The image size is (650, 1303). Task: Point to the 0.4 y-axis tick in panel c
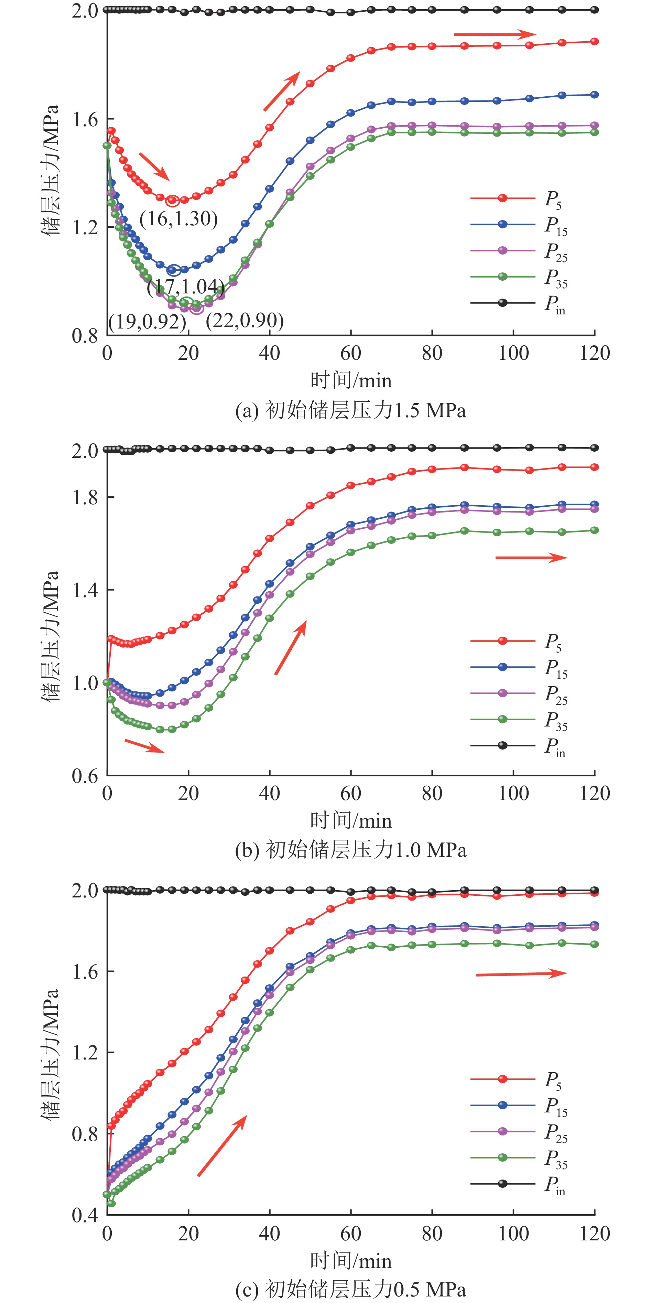[85, 1216]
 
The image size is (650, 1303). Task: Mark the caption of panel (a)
[350, 410]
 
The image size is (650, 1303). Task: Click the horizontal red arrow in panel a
[495, 34]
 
